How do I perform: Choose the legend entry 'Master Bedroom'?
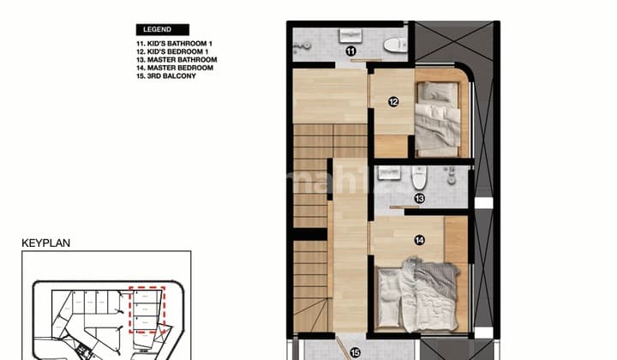(172, 67)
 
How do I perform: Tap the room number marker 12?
(392, 102)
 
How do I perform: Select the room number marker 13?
(419, 199)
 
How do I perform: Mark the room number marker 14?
(419, 241)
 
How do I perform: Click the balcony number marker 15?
(355, 351)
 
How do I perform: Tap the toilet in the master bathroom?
(419, 177)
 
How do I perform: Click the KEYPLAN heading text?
(45, 243)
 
